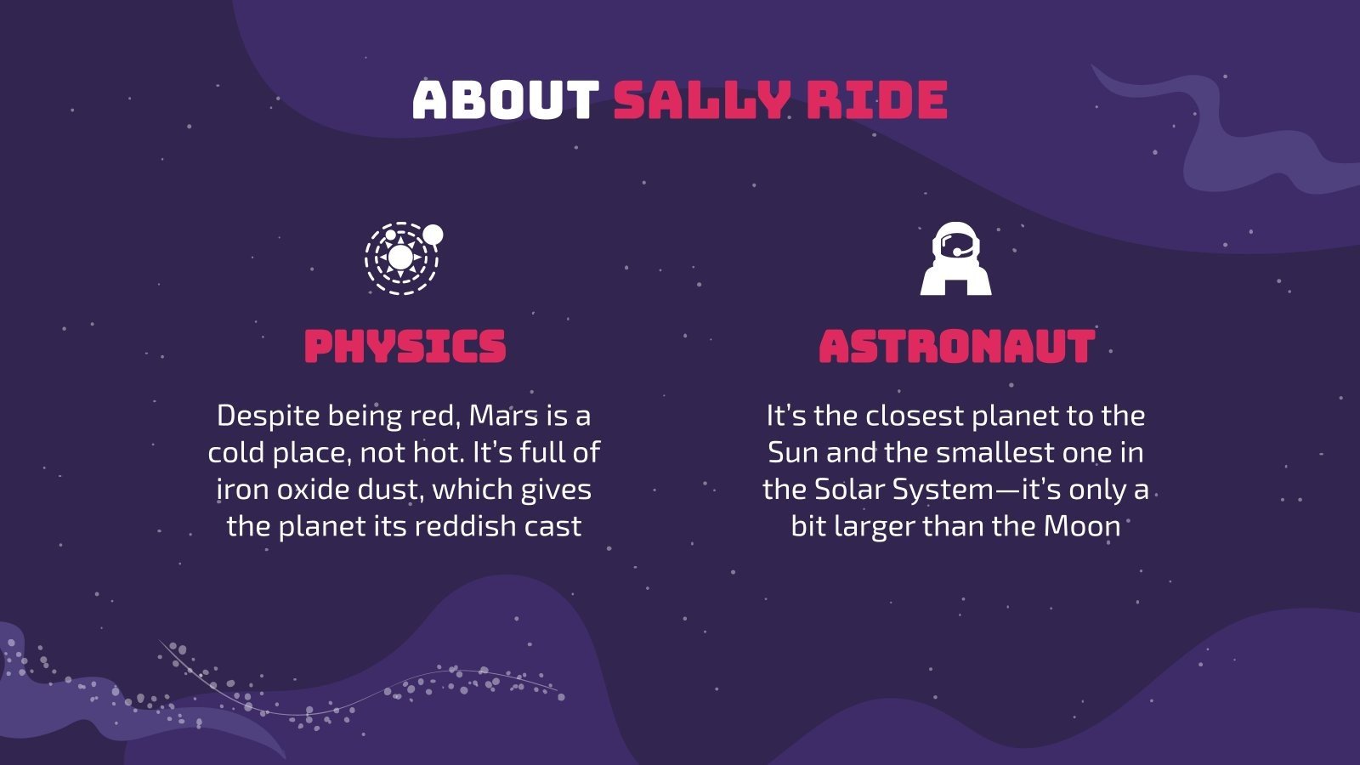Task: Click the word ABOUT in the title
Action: [x=506, y=99]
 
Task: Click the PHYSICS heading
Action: [x=405, y=347]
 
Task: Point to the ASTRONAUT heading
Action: [x=956, y=347]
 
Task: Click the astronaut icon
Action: [x=956, y=259]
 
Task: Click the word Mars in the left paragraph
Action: [x=503, y=416]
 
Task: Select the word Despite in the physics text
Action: [x=269, y=416]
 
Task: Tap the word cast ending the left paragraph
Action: [x=552, y=526]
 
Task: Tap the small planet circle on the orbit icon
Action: [x=433, y=234]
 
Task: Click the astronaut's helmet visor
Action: [x=957, y=246]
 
